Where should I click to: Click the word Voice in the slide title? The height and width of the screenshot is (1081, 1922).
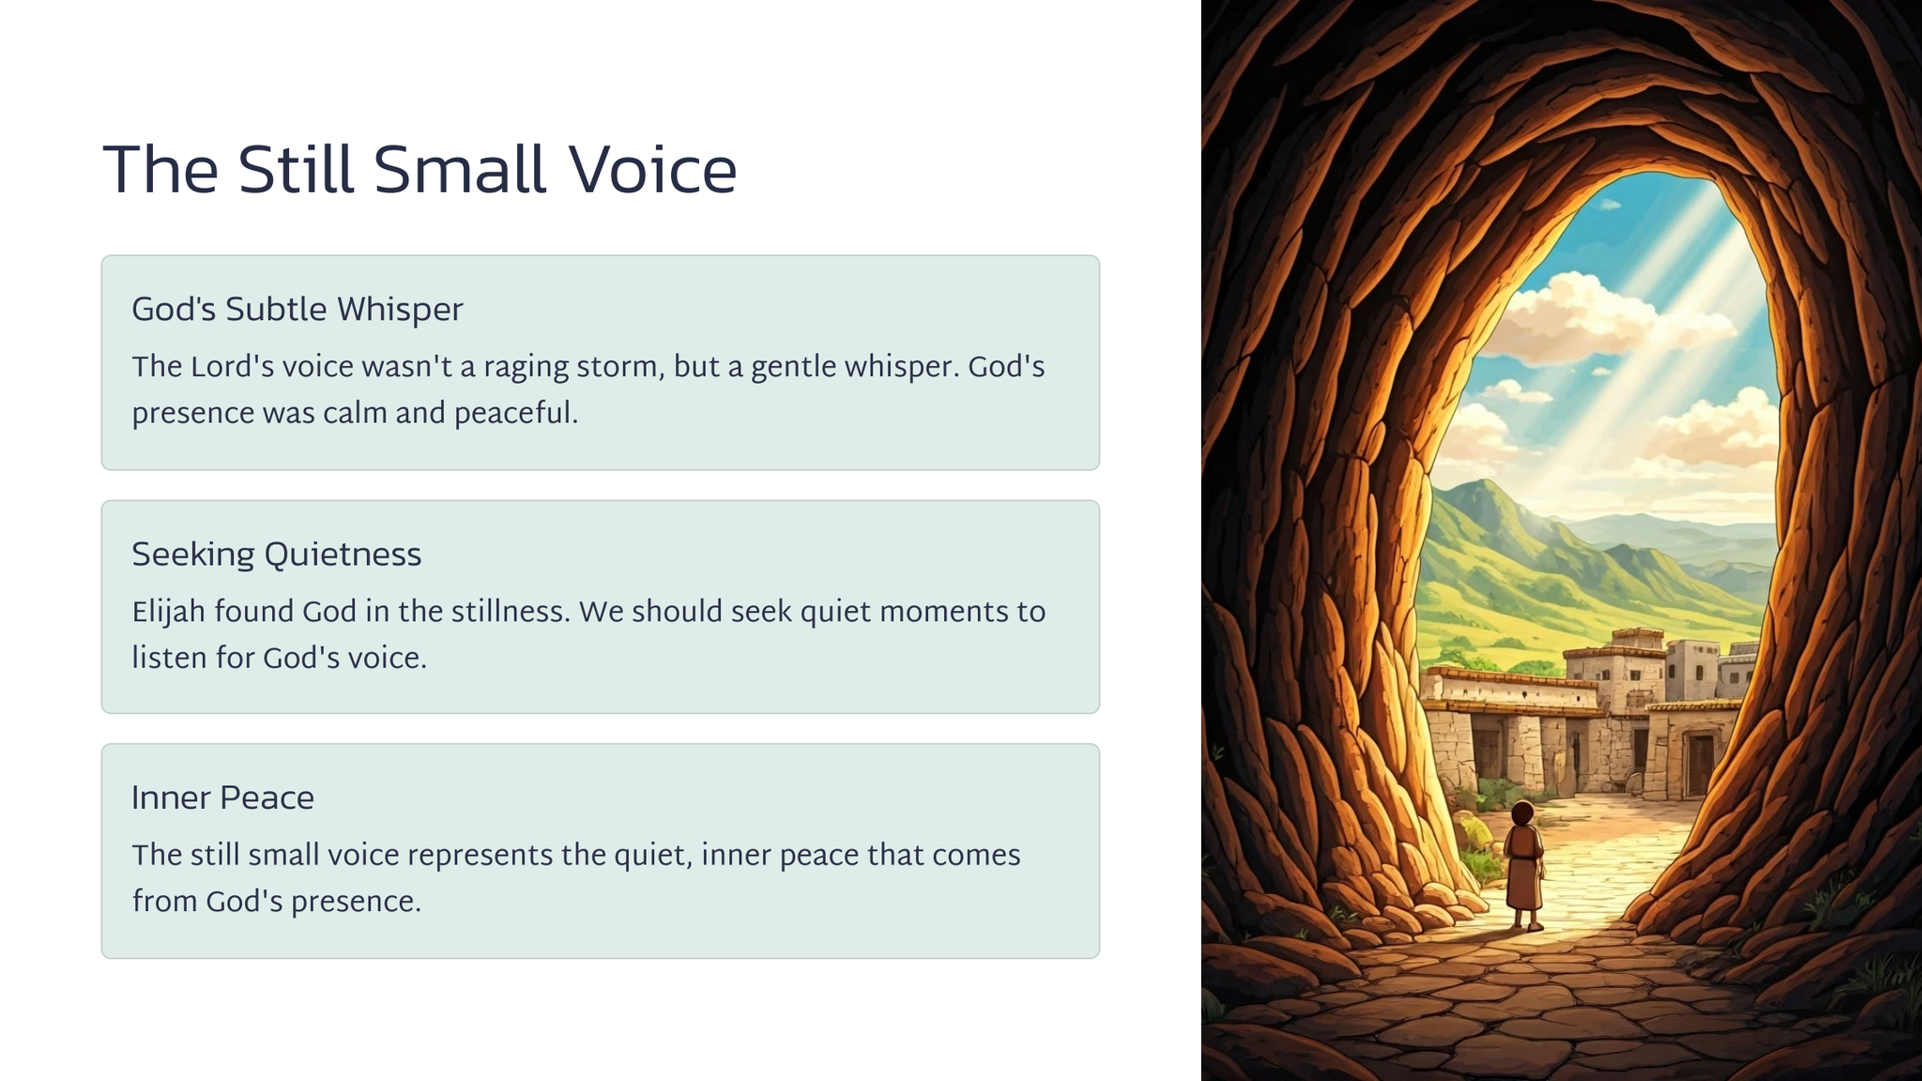point(652,170)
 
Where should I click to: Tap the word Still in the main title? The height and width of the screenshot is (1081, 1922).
point(296,170)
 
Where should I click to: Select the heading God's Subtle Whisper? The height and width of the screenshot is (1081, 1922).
point(297,310)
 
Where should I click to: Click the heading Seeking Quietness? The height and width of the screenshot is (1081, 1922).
point(276,555)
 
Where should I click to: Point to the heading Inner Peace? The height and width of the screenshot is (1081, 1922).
point(222,798)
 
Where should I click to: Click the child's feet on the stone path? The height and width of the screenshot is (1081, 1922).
point(1526,925)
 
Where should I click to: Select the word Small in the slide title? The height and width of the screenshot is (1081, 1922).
point(460,170)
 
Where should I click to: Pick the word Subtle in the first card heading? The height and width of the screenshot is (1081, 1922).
point(276,310)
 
